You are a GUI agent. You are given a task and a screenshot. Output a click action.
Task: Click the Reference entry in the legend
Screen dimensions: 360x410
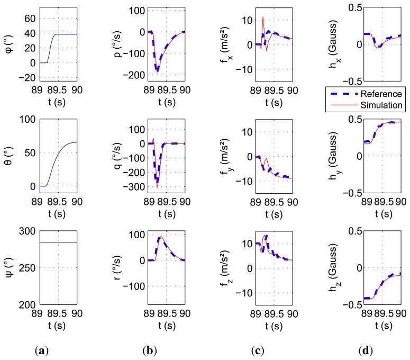tap(383, 93)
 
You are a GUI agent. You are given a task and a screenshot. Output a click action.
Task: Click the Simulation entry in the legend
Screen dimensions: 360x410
tap(383, 105)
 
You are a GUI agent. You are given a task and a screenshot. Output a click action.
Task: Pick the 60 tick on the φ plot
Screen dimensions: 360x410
tap(29, 19)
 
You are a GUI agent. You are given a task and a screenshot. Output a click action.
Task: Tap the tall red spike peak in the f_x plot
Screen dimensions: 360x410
tap(263, 17)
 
